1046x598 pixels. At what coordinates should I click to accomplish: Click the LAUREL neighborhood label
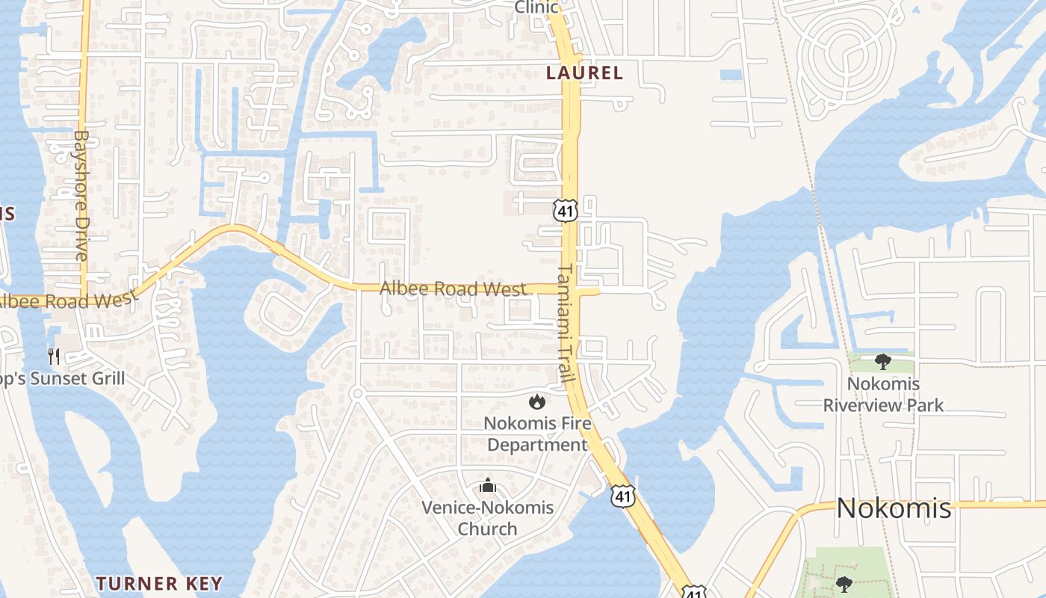point(584,73)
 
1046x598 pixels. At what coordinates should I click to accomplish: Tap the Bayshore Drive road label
point(81,196)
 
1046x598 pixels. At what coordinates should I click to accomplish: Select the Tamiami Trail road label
point(566,323)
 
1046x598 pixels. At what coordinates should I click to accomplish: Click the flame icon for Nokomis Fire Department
point(536,402)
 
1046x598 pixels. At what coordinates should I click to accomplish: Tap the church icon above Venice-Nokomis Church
point(488,486)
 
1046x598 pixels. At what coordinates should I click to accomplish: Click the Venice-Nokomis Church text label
point(487,517)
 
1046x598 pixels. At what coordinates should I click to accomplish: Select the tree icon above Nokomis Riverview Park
point(883,363)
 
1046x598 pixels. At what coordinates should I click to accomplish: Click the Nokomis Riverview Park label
point(883,395)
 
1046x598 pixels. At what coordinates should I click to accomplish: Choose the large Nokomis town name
point(894,508)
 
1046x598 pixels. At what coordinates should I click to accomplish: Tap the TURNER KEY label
point(159,583)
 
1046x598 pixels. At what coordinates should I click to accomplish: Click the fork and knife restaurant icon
point(54,356)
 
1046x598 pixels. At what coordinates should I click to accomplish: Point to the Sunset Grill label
point(67,379)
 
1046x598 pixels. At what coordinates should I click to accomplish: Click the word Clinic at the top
point(536,7)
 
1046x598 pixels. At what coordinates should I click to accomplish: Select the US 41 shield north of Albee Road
point(566,212)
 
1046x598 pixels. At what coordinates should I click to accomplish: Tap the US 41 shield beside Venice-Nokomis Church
point(622,495)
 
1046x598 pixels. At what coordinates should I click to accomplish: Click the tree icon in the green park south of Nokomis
point(844,583)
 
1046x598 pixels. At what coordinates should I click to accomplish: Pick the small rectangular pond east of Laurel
point(731,75)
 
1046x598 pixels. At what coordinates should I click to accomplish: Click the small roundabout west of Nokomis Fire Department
point(357,393)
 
